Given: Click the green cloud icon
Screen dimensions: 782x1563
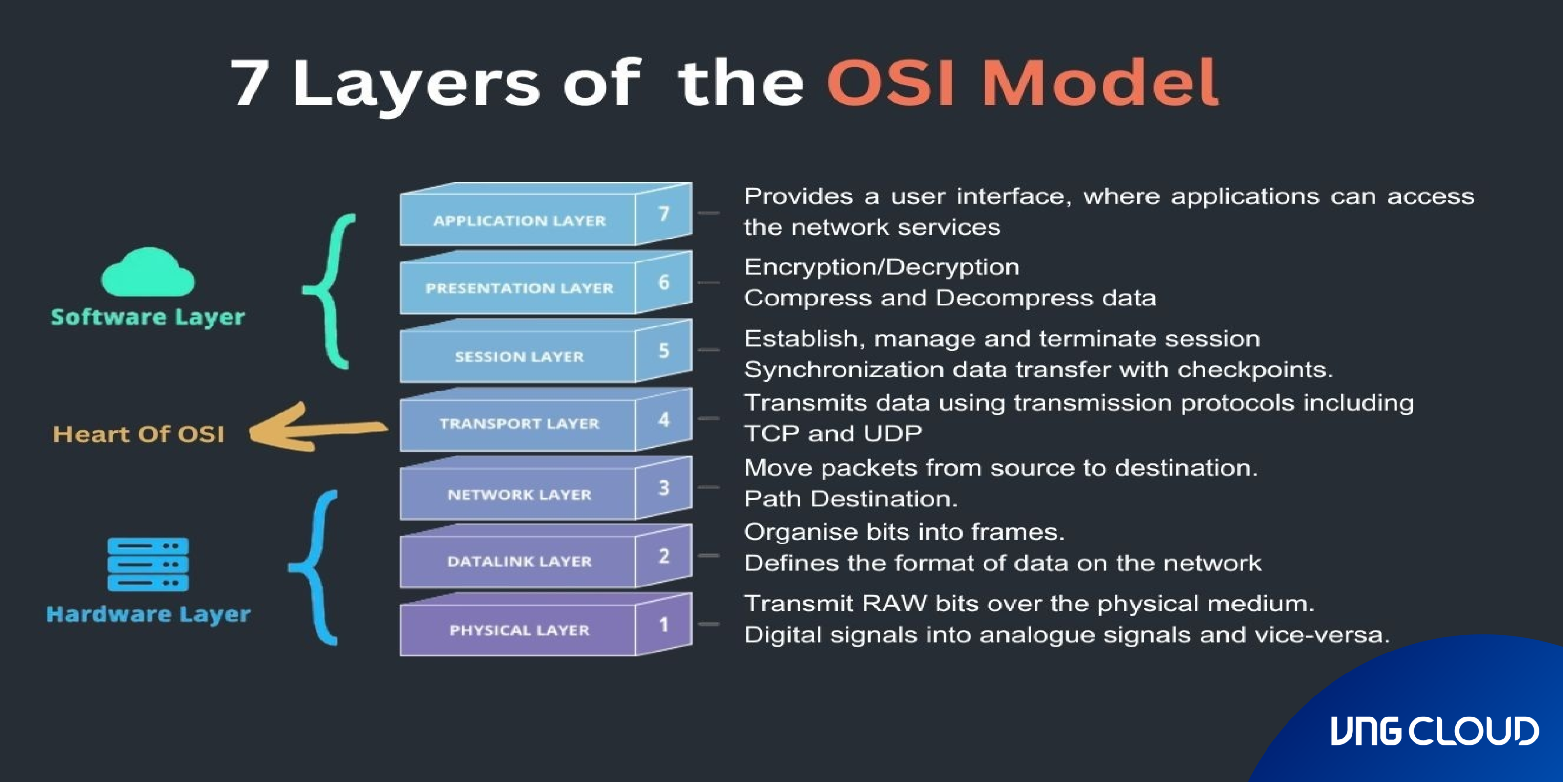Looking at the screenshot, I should click(x=148, y=273).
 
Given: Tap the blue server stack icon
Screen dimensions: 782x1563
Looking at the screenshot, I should click(x=148, y=564).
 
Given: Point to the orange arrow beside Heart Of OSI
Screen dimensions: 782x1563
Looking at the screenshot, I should click(x=316, y=428).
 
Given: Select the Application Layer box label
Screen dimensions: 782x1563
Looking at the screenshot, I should click(x=519, y=221).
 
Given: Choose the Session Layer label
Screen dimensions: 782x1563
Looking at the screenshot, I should click(x=519, y=357).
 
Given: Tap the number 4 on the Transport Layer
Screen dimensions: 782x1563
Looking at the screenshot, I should click(x=664, y=419).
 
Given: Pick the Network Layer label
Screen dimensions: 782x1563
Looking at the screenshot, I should click(x=519, y=495).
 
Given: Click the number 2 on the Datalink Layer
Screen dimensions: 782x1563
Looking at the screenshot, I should click(x=664, y=556).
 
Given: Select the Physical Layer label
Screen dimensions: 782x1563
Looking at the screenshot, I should click(x=519, y=630).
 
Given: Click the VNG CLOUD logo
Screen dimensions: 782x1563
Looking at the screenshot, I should click(x=1435, y=731).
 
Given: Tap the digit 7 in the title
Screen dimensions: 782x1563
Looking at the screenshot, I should click(x=250, y=83).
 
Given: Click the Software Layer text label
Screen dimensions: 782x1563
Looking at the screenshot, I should click(x=148, y=317).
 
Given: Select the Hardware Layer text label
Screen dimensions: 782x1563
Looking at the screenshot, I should click(x=148, y=614).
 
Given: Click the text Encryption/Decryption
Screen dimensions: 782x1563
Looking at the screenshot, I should click(x=881, y=267).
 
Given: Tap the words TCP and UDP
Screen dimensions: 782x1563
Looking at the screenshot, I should click(x=832, y=434).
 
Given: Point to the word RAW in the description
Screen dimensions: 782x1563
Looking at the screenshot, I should click(x=894, y=604).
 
